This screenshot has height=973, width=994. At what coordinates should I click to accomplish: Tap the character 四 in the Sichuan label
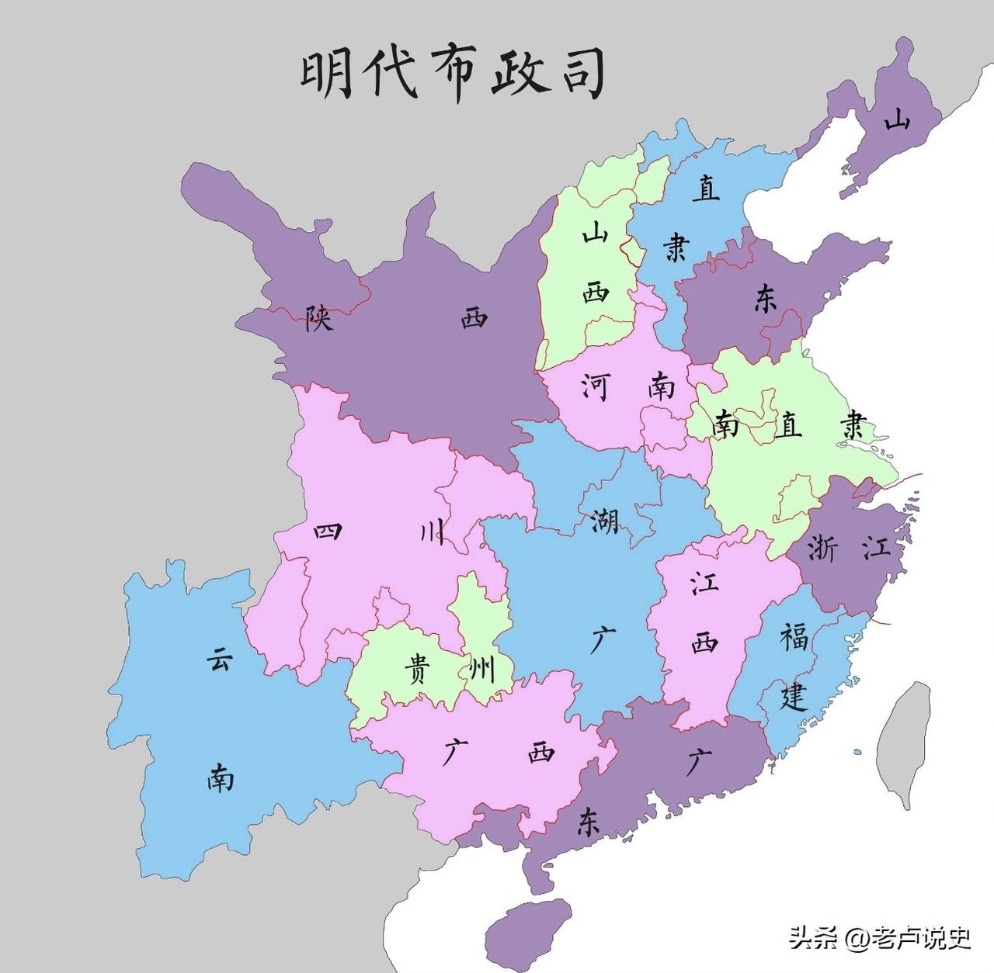click(328, 532)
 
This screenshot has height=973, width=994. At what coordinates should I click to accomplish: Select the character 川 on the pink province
click(432, 532)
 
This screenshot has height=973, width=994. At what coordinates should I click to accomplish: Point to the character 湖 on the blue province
click(604, 521)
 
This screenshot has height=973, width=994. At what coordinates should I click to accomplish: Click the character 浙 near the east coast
click(822, 548)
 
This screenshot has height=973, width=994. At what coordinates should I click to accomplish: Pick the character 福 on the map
click(794, 638)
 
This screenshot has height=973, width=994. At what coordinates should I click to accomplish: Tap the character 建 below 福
click(794, 696)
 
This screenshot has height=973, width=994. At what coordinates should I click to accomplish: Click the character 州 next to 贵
click(482, 669)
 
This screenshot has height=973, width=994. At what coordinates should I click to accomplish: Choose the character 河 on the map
click(595, 386)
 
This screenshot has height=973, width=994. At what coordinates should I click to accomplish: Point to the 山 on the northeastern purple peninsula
click(898, 119)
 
